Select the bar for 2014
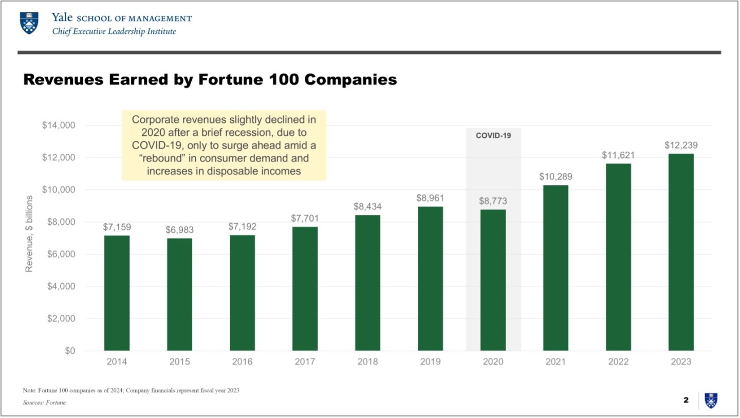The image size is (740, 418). click(x=117, y=293)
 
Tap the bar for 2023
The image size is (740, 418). click(x=681, y=252)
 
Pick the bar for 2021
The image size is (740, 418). click(x=556, y=268)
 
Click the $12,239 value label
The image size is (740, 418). click(x=681, y=145)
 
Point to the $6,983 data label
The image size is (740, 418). click(x=179, y=230)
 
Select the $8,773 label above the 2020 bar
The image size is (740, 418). click(x=493, y=201)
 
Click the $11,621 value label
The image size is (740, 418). click(x=618, y=155)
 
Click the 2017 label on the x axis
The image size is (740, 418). click(x=305, y=362)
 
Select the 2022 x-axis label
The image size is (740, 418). click(x=618, y=362)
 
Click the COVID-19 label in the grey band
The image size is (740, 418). click(x=493, y=136)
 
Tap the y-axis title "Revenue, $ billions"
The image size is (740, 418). click(x=29, y=234)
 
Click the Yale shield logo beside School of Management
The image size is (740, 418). click(x=29, y=24)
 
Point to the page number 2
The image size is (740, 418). click(x=686, y=401)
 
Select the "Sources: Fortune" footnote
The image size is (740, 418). click(x=45, y=403)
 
